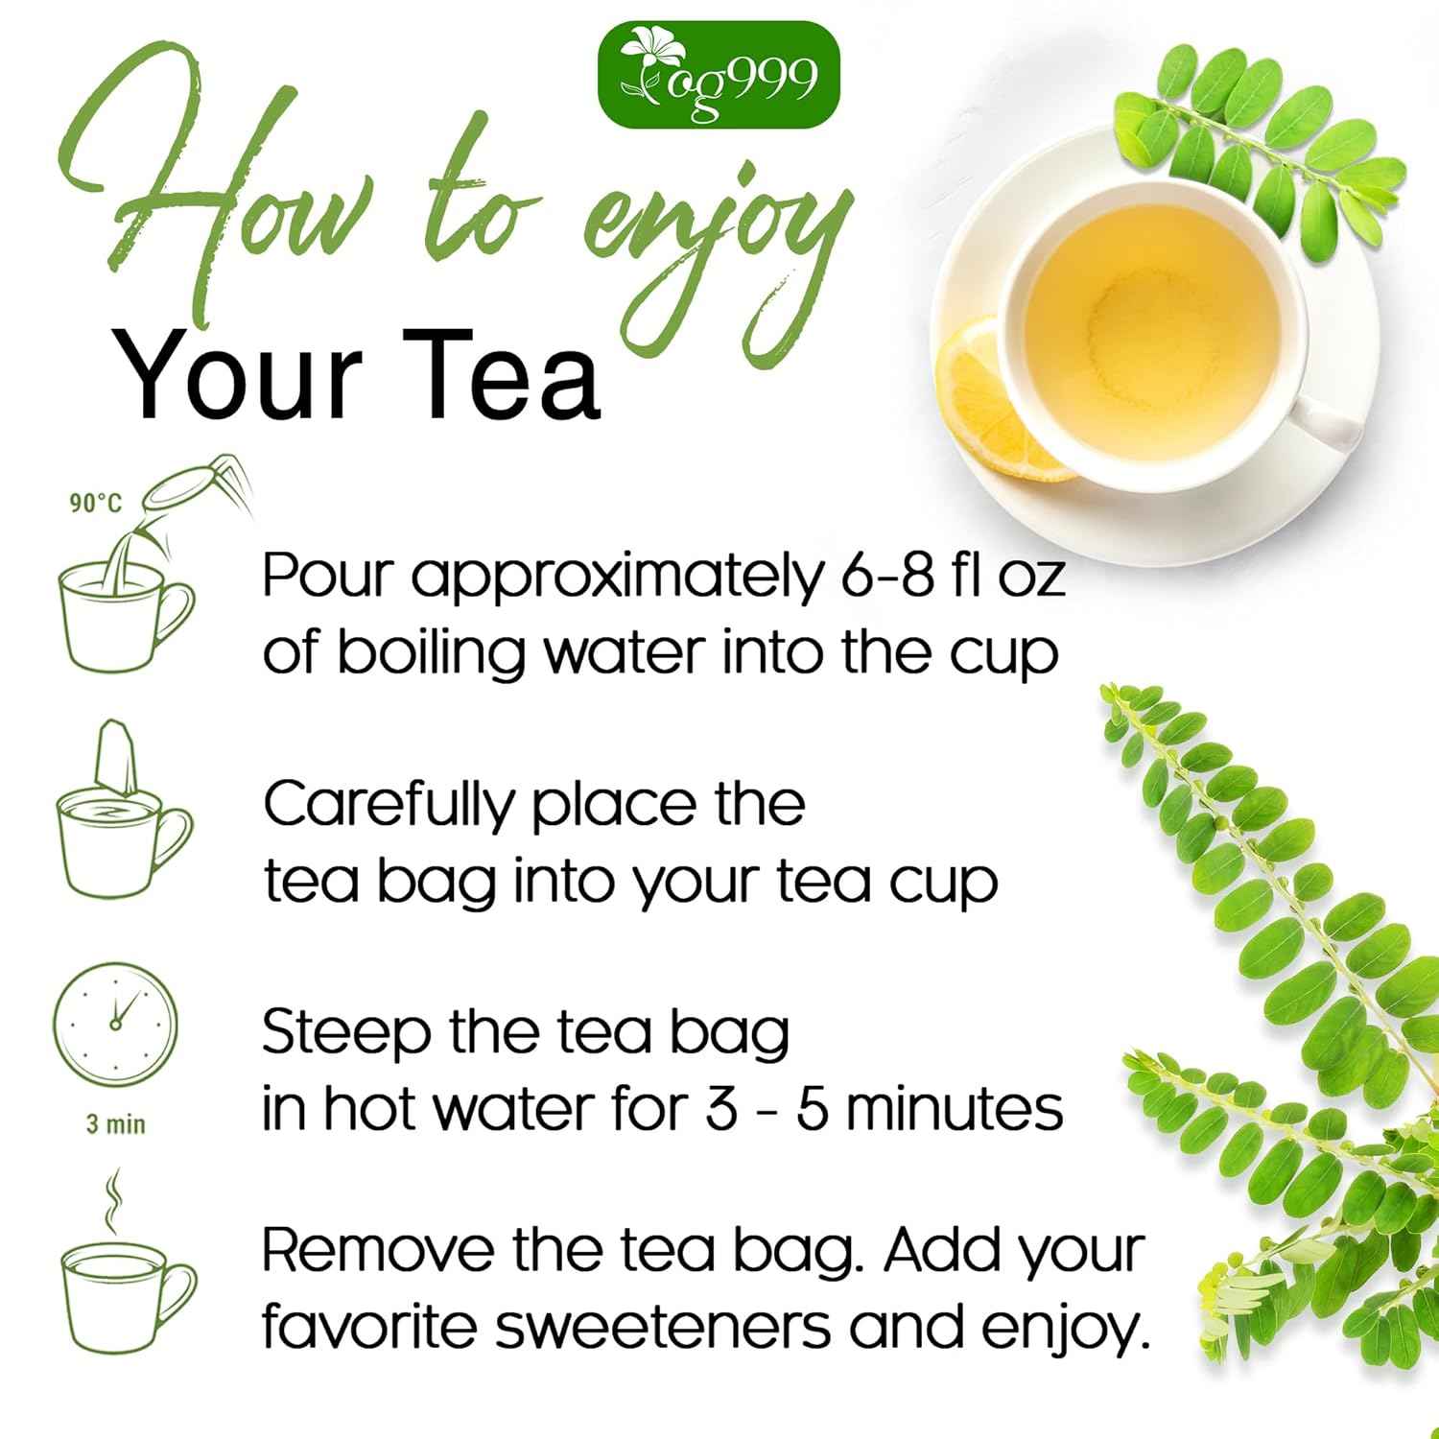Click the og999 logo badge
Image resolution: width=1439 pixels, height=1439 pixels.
719,75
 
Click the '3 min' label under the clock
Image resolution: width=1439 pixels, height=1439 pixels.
116,1123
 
